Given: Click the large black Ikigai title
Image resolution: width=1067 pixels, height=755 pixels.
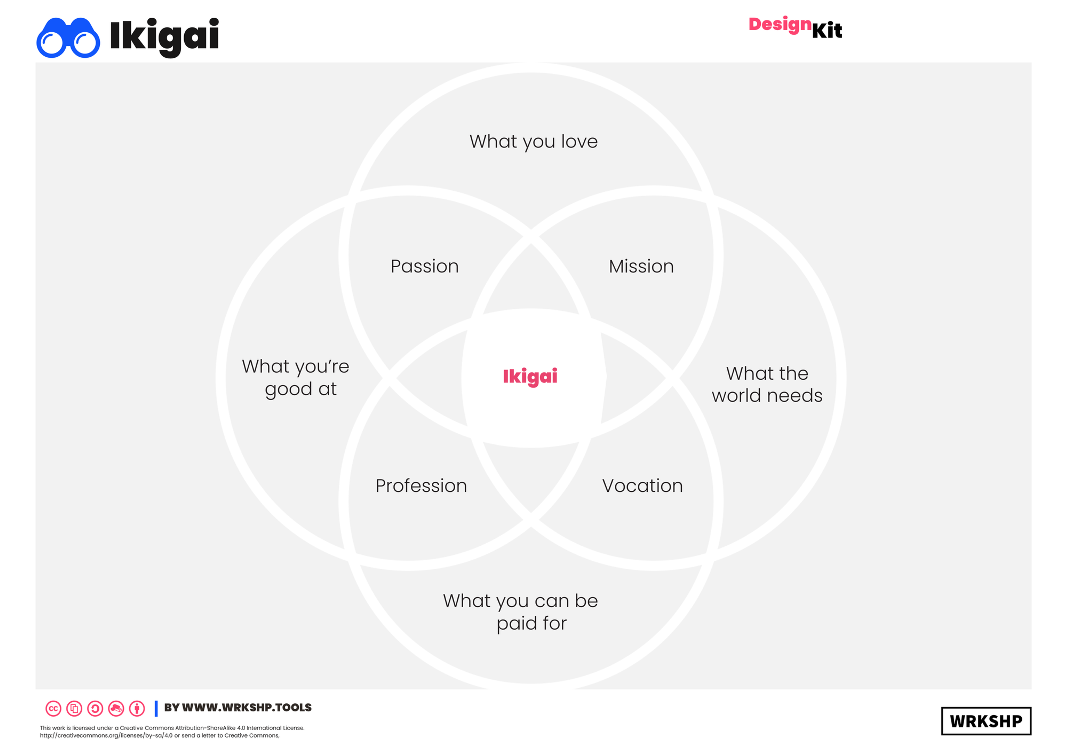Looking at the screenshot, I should click(x=164, y=36).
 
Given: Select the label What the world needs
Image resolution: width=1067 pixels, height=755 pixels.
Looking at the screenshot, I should click(x=767, y=384).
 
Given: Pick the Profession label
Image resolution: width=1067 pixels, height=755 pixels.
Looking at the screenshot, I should click(x=421, y=486).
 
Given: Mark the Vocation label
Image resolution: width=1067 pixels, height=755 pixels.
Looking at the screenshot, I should click(x=642, y=486).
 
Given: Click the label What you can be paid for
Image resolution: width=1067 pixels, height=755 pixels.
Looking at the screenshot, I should click(x=520, y=612).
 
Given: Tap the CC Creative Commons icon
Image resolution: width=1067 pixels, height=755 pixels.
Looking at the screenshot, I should click(x=54, y=708).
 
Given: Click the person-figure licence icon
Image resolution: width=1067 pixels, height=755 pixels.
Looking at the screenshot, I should click(x=137, y=708).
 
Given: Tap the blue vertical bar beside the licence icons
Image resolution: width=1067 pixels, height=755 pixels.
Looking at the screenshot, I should click(x=156, y=708).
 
